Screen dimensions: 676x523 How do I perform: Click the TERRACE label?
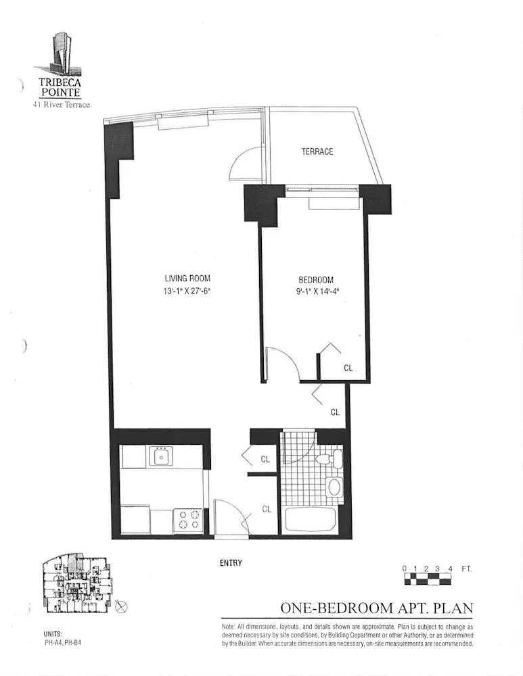click(317, 151)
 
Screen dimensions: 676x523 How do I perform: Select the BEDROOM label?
click(316, 280)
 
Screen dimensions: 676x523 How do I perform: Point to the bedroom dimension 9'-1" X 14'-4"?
click(316, 293)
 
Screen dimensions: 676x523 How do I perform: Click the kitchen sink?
click(162, 457)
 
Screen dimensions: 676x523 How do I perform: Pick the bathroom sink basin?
click(334, 487)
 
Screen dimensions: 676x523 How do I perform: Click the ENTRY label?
click(231, 562)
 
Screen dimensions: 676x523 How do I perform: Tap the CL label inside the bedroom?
click(348, 368)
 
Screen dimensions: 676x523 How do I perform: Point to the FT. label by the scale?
click(467, 569)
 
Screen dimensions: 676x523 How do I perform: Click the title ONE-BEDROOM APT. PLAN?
click(376, 608)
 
